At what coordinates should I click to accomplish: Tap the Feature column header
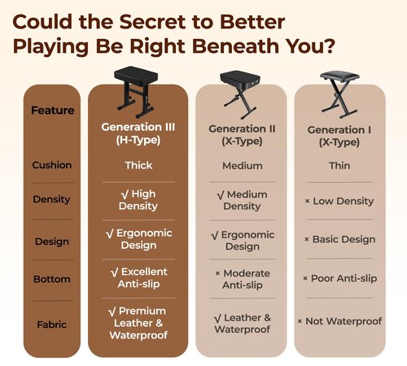pyautogui.click(x=53, y=111)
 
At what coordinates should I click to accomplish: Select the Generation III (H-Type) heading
pyautogui.click(x=138, y=133)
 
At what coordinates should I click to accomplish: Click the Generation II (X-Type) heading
pyautogui.click(x=242, y=135)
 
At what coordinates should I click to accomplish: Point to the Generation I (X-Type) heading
pyautogui.click(x=339, y=136)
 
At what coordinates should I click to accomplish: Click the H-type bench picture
pyautogui.click(x=137, y=92)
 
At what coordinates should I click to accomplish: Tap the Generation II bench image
pyautogui.click(x=240, y=94)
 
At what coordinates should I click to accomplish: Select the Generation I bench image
pyautogui.click(x=339, y=94)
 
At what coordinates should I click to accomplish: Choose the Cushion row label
pyautogui.click(x=52, y=165)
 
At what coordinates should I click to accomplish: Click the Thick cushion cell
pyautogui.click(x=138, y=165)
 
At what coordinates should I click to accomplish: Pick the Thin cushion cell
pyautogui.click(x=339, y=165)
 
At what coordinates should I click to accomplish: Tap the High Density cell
pyautogui.click(x=138, y=200)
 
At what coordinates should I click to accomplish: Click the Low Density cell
pyautogui.click(x=339, y=201)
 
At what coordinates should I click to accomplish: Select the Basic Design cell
pyautogui.click(x=340, y=239)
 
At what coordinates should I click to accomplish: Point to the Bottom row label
pyautogui.click(x=52, y=279)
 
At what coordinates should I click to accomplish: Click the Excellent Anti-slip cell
pyautogui.click(x=139, y=277)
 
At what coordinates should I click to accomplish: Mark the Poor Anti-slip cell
pyautogui.click(x=339, y=278)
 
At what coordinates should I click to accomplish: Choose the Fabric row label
pyautogui.click(x=51, y=325)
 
